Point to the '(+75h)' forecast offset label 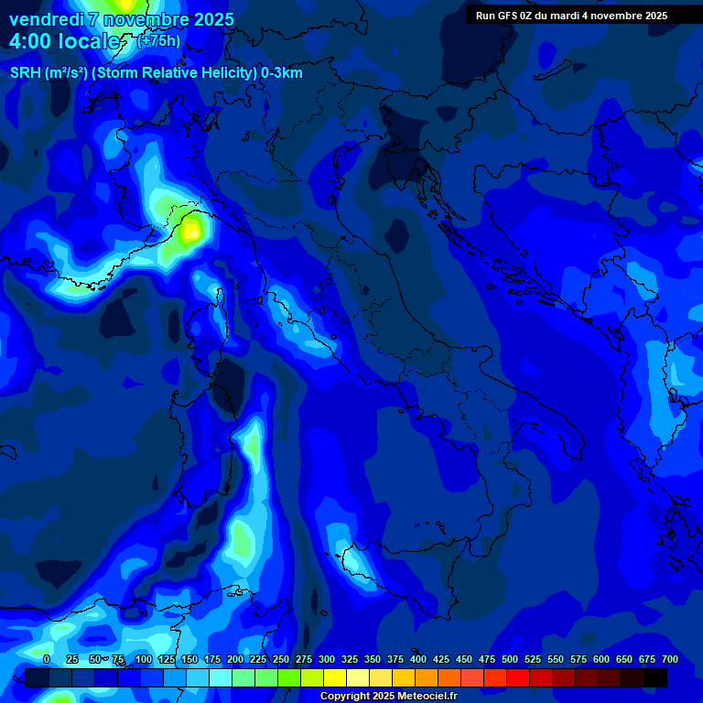point(157,41)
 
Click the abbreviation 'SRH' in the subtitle point(26,73)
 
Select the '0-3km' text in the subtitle point(281,73)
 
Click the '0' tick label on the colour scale point(47,659)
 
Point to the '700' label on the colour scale point(669,659)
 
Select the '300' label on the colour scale point(327,659)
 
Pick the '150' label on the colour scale point(189,659)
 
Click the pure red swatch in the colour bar point(518,677)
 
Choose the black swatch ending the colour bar point(655,677)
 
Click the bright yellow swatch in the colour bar point(335,677)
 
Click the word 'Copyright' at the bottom point(346,697)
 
